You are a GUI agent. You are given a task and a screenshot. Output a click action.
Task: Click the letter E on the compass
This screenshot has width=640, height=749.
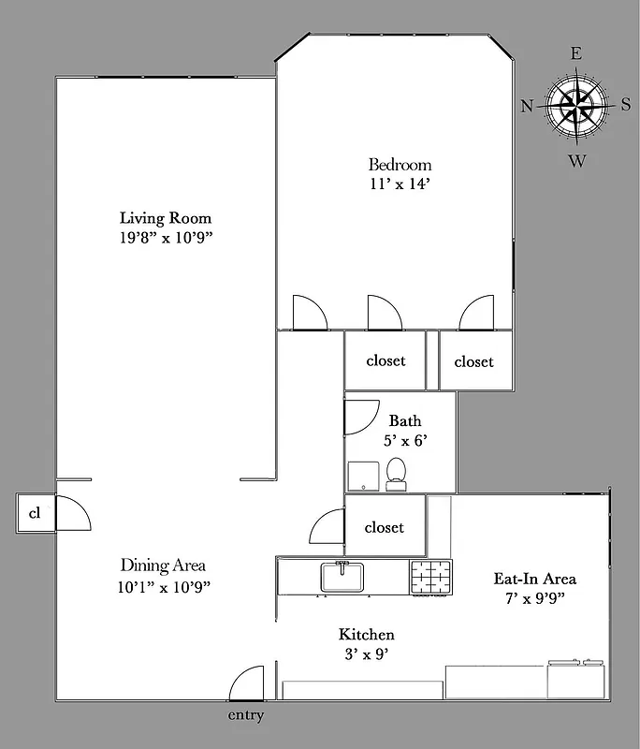pos(576,54)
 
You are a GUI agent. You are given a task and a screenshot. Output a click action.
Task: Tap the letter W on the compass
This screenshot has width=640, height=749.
pos(577,161)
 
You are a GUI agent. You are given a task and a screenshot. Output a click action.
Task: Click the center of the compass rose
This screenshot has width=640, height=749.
pos(576,106)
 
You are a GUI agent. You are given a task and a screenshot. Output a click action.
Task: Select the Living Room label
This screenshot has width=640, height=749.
pos(166,218)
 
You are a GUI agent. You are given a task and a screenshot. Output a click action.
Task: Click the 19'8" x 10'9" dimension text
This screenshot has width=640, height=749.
pos(166,238)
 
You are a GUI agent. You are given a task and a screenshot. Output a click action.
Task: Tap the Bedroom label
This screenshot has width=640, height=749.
pos(400,165)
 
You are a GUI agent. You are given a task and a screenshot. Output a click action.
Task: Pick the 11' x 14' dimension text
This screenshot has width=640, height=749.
pos(400,184)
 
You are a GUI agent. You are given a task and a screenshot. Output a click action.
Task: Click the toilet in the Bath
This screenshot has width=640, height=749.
pos(396,474)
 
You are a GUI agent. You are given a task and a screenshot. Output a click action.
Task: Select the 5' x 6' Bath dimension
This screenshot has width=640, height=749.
pos(405,440)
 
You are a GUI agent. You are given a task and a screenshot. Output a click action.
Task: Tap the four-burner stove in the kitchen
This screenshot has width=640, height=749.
pos(429,577)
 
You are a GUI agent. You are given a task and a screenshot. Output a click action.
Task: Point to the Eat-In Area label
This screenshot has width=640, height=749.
pos(534,578)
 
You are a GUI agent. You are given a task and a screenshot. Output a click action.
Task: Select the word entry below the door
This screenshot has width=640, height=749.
pos(245,716)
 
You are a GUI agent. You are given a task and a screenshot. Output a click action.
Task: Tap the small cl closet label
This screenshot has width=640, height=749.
pos(35,513)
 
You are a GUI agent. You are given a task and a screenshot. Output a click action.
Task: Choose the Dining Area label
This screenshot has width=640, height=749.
pos(163,565)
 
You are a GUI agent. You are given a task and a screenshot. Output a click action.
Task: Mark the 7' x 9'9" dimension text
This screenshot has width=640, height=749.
pos(534,597)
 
